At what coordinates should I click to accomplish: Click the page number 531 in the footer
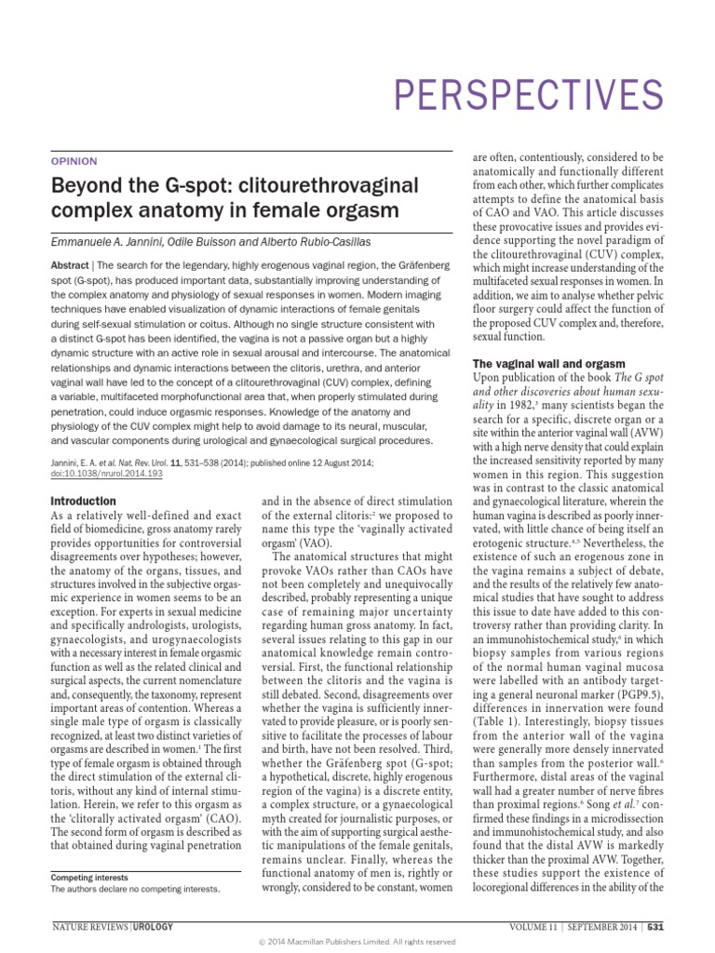[655, 928]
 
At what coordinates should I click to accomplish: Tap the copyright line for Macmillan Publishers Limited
[357, 942]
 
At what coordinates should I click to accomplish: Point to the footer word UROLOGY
[154, 928]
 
